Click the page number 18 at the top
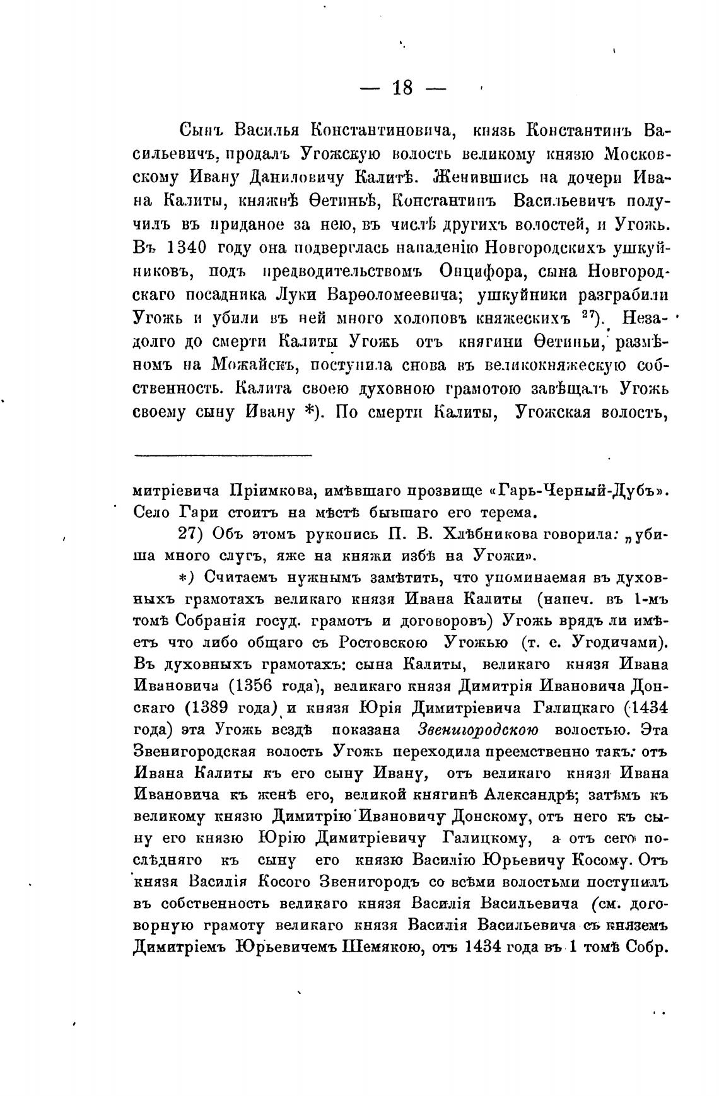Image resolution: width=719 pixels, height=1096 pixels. click(402, 88)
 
